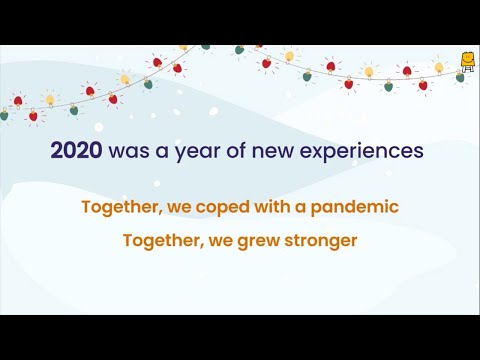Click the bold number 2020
(x=75, y=152)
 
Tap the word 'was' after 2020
(x=123, y=152)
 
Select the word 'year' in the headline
(x=187, y=153)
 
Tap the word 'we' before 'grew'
(x=218, y=241)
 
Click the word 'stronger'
(x=321, y=241)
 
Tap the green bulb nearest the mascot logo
(x=460, y=78)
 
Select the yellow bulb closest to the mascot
(x=438, y=67)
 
